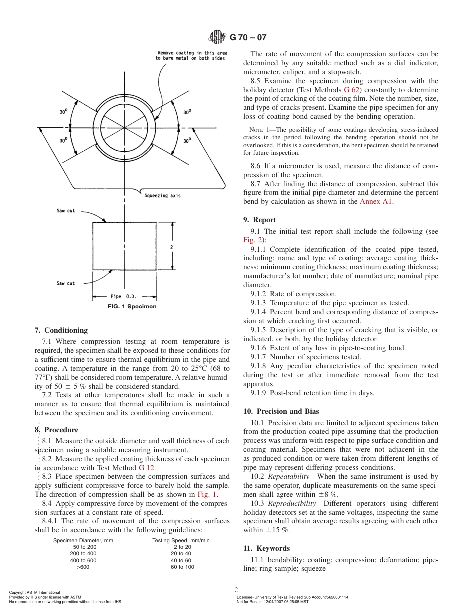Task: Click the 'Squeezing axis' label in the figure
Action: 162,196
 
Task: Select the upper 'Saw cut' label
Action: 65,211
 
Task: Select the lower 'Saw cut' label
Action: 65,283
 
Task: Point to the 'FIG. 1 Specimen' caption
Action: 132,307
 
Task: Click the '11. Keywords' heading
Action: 266,548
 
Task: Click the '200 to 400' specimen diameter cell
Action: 83,553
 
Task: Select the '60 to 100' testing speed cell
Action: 182,567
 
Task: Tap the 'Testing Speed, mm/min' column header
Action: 181,540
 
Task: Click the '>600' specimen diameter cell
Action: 83,567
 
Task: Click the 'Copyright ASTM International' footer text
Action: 34,592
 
